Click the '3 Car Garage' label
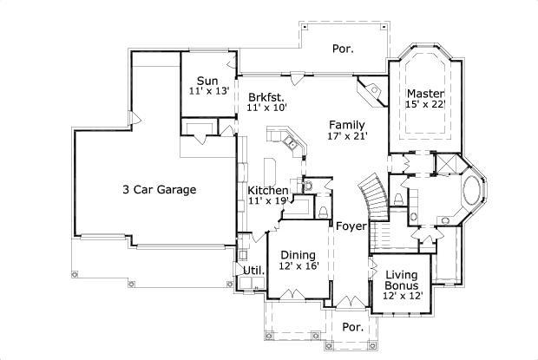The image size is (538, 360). point(159,189)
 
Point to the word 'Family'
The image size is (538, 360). point(346,125)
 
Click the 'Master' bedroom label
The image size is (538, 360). point(425,94)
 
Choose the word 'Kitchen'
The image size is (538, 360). point(268,191)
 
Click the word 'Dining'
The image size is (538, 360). point(298,256)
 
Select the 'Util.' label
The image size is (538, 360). point(253,272)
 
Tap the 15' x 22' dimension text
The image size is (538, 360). point(425,104)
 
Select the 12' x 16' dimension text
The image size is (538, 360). point(298,266)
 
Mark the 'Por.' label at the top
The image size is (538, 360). point(343,49)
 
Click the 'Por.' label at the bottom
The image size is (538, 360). point(351,328)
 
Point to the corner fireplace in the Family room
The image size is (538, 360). point(374,91)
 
